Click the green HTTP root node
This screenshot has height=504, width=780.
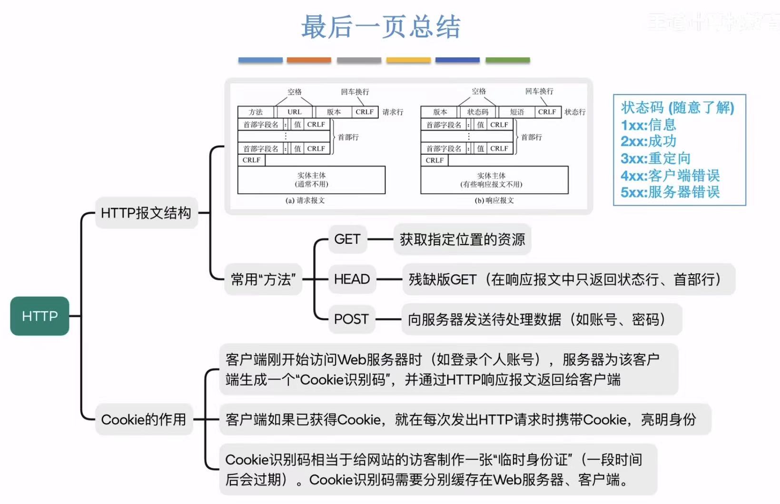[39, 316]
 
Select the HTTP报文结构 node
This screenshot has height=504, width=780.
[146, 213]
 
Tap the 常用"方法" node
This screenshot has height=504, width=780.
[263, 279]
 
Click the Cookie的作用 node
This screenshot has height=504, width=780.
[144, 419]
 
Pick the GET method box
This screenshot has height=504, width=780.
[347, 239]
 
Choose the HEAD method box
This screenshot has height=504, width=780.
[352, 279]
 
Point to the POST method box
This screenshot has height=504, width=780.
[351, 319]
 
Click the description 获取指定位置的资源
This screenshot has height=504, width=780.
[462, 239]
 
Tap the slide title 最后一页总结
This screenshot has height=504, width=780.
[381, 27]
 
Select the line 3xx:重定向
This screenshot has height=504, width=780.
[655, 158]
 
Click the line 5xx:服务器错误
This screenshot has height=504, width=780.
[670, 192]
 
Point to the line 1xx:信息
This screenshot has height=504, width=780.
[648, 125]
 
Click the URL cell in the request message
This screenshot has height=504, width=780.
[295, 112]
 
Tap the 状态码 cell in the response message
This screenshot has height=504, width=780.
[478, 112]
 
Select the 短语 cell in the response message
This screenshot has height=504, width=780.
[517, 112]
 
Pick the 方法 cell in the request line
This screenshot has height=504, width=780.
[256, 112]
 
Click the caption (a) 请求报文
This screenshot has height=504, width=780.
[305, 200]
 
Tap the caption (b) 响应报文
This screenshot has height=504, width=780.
[494, 200]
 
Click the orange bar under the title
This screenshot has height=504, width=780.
[309, 60]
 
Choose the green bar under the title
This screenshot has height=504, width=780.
[507, 60]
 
